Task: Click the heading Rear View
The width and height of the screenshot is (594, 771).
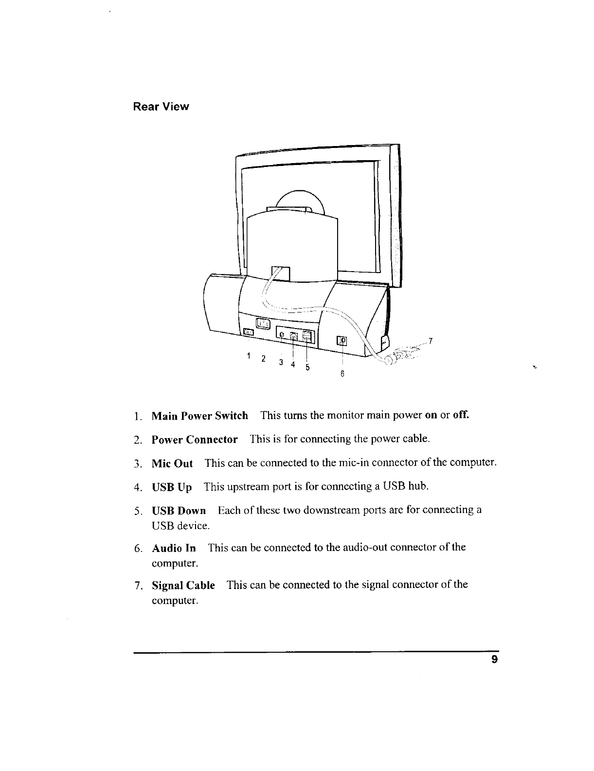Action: point(161,107)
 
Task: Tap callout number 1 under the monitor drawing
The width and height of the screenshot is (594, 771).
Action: point(249,355)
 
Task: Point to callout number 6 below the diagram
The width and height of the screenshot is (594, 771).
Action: point(342,374)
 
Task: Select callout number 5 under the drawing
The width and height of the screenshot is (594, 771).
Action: point(307,367)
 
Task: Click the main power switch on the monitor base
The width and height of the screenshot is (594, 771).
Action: point(249,332)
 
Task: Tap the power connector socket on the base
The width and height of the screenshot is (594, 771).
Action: point(263,323)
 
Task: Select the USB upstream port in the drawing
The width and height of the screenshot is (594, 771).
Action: point(293,335)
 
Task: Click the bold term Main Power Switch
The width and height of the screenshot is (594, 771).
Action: point(199,416)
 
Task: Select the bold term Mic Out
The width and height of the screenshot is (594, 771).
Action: point(172,463)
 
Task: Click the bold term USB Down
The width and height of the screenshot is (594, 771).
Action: point(179,511)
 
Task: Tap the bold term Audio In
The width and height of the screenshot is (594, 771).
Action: point(174,548)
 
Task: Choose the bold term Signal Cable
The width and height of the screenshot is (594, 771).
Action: point(183,585)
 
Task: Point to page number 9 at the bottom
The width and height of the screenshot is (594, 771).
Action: point(494,661)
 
